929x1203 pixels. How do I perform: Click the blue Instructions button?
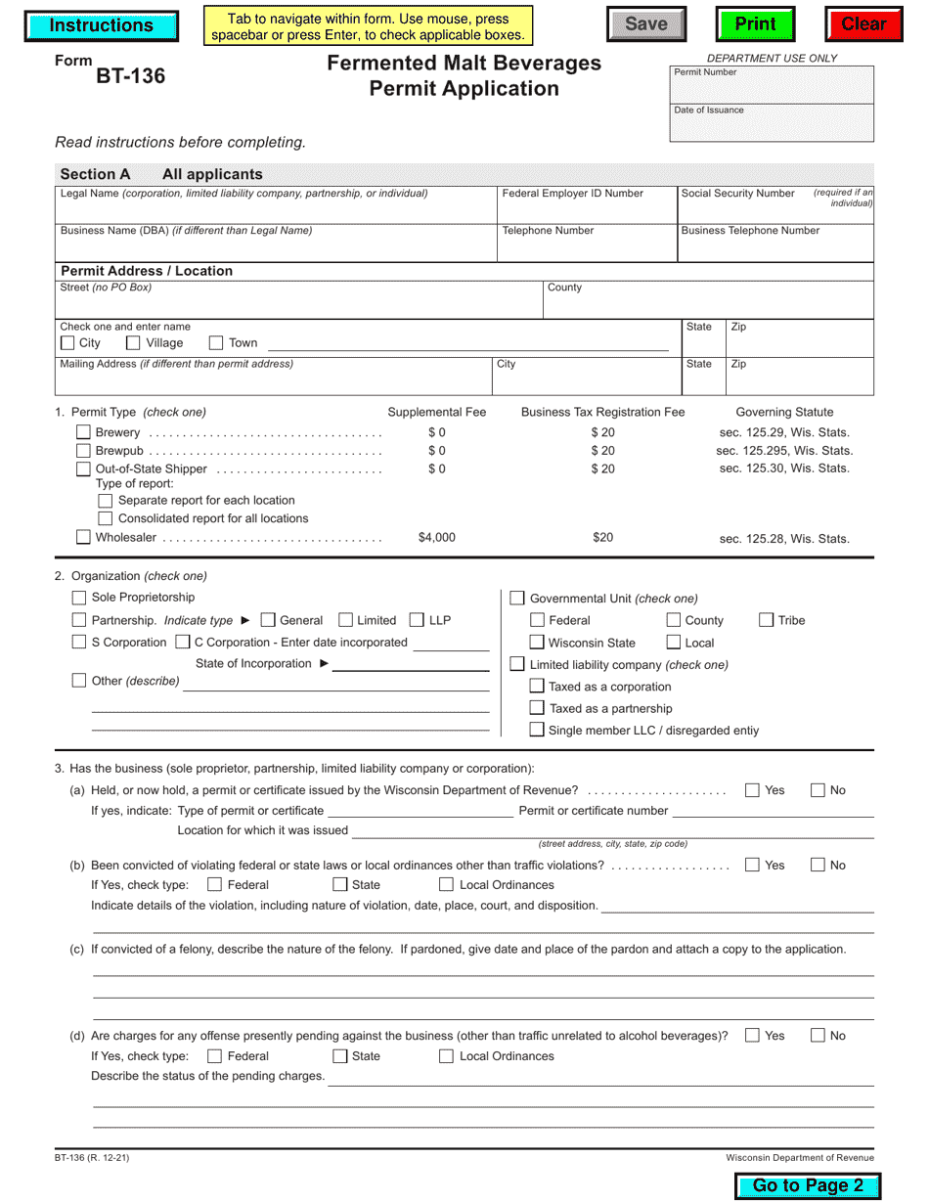tap(101, 26)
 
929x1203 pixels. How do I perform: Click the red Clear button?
tap(863, 24)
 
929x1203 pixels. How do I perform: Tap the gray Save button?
tap(645, 24)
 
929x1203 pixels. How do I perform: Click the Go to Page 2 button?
tap(808, 1185)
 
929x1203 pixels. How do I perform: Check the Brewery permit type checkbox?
tap(83, 432)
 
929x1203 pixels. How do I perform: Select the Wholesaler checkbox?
tap(83, 537)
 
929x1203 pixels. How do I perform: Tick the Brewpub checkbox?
tap(83, 451)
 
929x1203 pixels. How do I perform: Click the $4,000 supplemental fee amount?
tap(436, 537)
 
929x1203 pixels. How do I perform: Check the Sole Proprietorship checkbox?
tap(79, 598)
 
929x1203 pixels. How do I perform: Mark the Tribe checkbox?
tap(767, 620)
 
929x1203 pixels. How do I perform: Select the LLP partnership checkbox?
tap(417, 620)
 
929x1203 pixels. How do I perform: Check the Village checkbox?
tap(134, 343)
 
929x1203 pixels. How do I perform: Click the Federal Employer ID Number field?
tap(587, 210)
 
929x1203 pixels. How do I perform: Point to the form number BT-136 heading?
tap(130, 76)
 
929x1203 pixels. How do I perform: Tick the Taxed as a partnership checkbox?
tap(537, 708)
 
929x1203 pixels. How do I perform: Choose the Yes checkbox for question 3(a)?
tap(752, 790)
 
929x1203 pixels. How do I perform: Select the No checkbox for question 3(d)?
tap(818, 1036)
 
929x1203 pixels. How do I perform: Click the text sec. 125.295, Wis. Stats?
tap(784, 451)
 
